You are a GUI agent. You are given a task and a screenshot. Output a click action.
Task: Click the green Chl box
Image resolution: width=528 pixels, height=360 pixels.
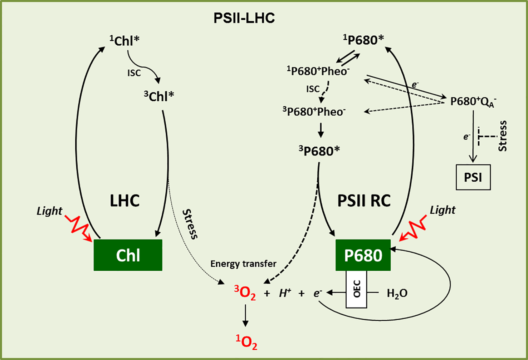coord(128,255)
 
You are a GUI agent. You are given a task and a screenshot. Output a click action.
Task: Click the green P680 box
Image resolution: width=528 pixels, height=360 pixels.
coord(363,255)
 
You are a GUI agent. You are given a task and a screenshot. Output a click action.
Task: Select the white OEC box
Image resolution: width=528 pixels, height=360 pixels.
coord(356,289)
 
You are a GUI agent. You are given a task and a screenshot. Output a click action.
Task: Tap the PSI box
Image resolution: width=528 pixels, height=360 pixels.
coord(473,177)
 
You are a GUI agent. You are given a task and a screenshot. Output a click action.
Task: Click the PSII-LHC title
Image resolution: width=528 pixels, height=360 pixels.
coord(244,18)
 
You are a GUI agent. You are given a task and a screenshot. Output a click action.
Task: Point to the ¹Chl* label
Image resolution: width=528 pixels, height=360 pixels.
coord(124,41)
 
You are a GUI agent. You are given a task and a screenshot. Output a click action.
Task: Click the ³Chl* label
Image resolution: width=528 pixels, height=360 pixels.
coord(159,96)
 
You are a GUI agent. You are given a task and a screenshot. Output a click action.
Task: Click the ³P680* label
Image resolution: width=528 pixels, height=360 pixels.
coord(319,151)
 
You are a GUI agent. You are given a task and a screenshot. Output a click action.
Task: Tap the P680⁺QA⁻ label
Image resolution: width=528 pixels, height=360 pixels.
coord(473,102)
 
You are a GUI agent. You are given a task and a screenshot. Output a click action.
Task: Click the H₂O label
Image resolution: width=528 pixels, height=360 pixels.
coord(397,294)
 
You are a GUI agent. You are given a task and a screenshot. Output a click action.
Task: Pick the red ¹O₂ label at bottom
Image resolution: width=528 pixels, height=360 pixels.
coord(246,342)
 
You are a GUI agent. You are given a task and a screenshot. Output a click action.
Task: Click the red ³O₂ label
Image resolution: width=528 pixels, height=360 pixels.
coord(245,292)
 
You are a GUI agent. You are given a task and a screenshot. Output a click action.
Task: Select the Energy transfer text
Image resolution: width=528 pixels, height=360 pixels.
coord(243,264)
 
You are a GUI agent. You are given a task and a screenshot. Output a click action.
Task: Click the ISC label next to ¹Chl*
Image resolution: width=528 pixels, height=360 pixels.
coord(134,73)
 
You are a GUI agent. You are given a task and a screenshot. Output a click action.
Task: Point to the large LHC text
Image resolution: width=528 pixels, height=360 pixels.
coord(124,201)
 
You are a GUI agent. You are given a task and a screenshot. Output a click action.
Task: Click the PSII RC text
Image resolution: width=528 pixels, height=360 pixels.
coord(364,201)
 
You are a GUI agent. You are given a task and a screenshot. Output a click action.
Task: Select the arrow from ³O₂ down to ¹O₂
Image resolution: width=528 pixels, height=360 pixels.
coord(245,315)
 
